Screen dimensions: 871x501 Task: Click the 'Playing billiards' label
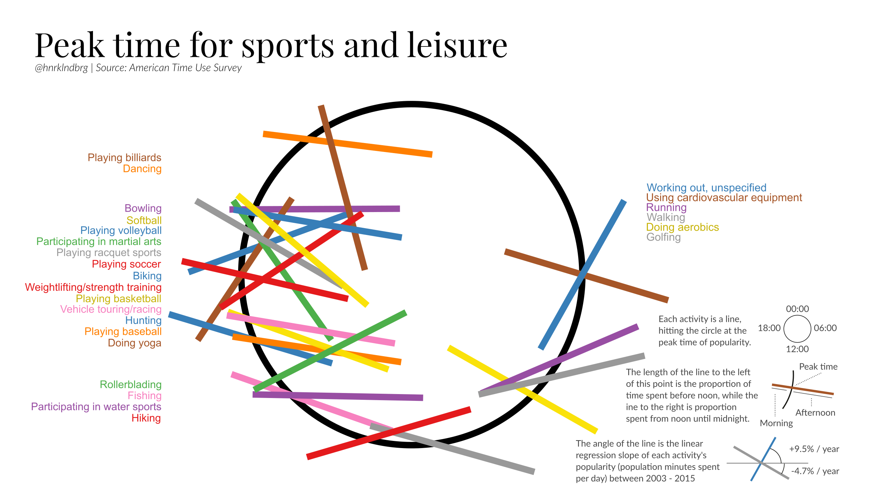pos(124,158)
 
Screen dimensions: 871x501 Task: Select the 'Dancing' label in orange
pos(142,169)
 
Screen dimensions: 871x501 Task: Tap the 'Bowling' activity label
pos(143,208)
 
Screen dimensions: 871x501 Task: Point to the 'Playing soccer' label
pos(126,264)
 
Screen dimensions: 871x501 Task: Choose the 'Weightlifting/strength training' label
pos(93,287)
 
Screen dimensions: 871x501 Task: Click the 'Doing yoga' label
pos(134,343)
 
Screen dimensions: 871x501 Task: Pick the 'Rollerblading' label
pos(131,384)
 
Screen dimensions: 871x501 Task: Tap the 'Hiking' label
pos(146,418)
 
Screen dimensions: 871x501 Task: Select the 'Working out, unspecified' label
pos(706,188)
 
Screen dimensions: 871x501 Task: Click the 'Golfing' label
pos(663,237)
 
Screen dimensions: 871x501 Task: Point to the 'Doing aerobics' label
pos(682,227)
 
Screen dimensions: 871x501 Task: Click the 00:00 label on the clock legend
pos(797,309)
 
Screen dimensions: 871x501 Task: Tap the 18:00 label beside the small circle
pos(769,328)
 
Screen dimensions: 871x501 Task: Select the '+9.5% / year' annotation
pos(814,449)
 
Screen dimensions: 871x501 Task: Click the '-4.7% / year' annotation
pos(815,471)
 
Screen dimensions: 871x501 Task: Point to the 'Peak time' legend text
pos(818,367)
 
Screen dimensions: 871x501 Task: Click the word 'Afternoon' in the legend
pos(815,413)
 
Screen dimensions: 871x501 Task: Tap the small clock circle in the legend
pos(797,329)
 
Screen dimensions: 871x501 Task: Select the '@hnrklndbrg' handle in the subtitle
pos(61,68)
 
